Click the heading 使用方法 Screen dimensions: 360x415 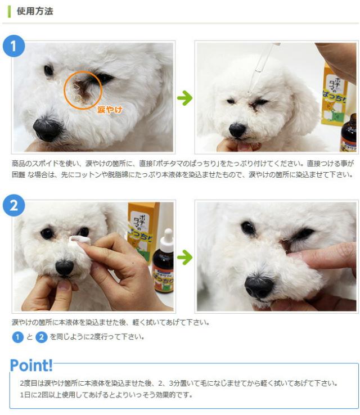click(x=35, y=11)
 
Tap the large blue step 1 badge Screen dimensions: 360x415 click(x=13, y=46)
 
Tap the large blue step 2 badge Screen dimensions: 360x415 click(x=13, y=205)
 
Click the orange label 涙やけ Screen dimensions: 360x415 click(x=110, y=110)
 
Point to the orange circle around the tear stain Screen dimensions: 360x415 click(x=64, y=90)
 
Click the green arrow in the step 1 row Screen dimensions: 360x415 click(x=184, y=98)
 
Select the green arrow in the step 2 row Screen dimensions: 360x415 click(x=184, y=257)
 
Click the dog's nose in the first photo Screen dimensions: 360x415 click(x=47, y=129)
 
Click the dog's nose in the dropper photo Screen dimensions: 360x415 click(x=237, y=130)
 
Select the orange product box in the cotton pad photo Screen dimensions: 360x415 click(x=143, y=232)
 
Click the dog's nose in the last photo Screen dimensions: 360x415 click(x=259, y=287)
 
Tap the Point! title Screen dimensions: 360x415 click(x=31, y=366)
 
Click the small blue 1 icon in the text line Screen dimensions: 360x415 click(x=18, y=337)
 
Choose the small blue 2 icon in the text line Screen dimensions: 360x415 click(x=42, y=337)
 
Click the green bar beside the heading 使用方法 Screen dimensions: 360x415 click(x=10, y=11)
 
